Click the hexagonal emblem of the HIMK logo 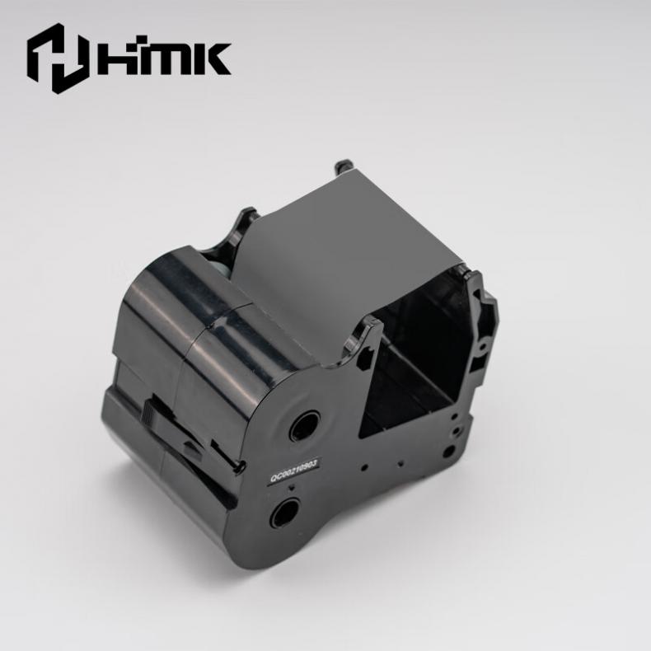point(59,59)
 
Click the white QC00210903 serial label point(294,471)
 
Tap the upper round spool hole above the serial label point(303,424)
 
